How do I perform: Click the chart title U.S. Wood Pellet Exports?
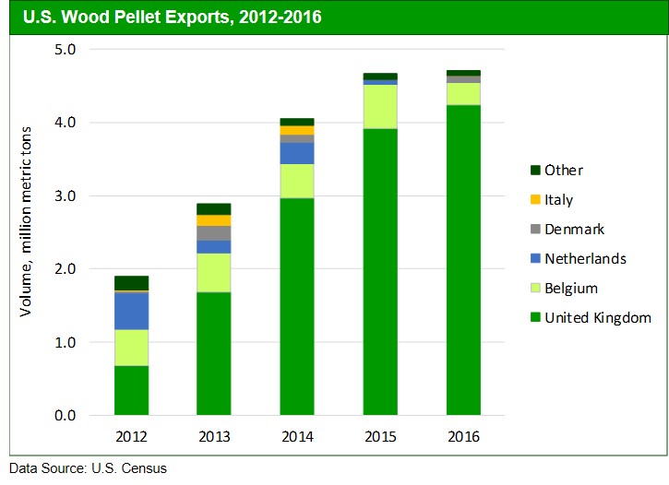tap(172, 17)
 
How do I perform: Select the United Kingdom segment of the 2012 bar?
tap(131, 390)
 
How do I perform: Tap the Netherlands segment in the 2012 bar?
tap(131, 311)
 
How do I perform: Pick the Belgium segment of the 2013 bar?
tap(214, 273)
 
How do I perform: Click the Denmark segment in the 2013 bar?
tap(214, 233)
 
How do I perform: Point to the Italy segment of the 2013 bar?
tap(214, 220)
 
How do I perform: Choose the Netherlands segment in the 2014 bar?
tap(297, 153)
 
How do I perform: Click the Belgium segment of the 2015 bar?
tap(380, 107)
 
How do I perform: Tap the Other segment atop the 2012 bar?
tap(131, 283)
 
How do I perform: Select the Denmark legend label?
tap(574, 230)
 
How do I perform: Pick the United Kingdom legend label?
tap(598, 318)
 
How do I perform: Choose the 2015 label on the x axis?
tap(380, 437)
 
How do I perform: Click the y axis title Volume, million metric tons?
tap(28, 231)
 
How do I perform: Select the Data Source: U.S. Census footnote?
tap(89, 468)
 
